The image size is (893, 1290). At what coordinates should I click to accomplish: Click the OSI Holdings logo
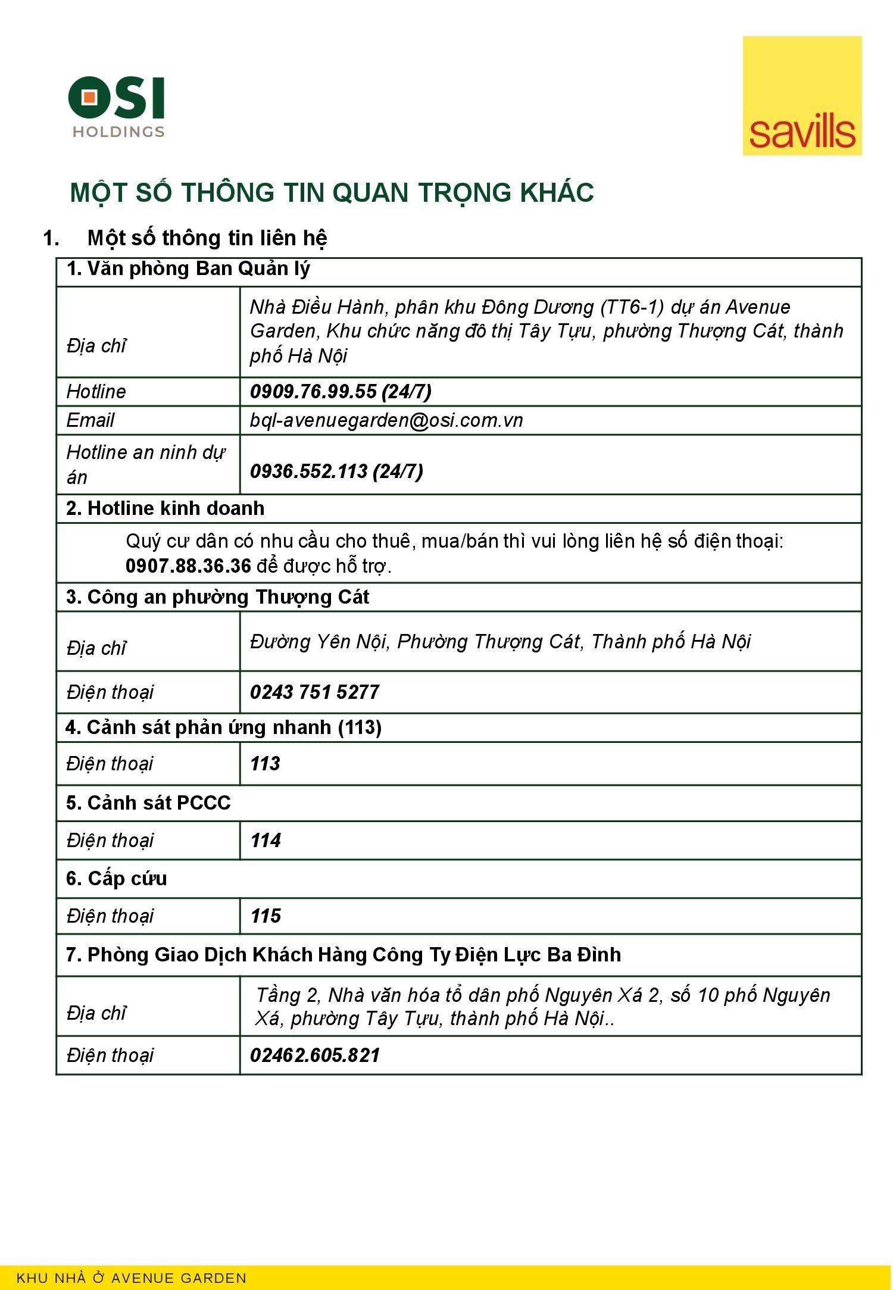(117, 106)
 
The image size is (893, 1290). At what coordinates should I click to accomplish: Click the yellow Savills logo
(801, 96)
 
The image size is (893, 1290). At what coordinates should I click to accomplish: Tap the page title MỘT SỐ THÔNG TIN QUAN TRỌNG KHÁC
(332, 193)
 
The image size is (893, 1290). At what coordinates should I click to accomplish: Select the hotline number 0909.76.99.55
(313, 392)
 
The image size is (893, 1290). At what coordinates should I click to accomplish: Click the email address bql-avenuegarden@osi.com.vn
(386, 420)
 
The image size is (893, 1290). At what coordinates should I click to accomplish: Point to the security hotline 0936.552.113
(308, 471)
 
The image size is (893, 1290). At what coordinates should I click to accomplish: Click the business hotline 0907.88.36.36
(188, 566)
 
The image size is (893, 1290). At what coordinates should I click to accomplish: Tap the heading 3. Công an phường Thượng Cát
(217, 597)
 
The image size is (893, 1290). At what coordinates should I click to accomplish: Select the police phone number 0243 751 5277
(314, 692)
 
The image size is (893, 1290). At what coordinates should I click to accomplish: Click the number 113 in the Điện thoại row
(265, 764)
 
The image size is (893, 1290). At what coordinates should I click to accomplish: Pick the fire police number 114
(266, 841)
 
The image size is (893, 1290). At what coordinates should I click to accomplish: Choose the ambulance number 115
(266, 916)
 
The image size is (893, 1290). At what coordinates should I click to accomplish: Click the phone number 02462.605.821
(315, 1055)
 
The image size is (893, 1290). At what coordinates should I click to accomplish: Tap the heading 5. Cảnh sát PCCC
(148, 803)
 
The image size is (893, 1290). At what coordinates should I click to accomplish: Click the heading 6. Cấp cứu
(117, 879)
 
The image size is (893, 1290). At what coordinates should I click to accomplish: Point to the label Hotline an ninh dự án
(145, 464)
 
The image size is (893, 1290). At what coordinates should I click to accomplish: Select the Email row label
(90, 420)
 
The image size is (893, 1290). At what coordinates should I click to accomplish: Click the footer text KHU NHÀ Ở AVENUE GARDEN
(132, 1278)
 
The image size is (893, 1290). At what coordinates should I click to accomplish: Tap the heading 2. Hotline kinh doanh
(166, 508)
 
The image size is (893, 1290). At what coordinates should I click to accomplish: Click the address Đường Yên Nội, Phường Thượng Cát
(500, 642)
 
